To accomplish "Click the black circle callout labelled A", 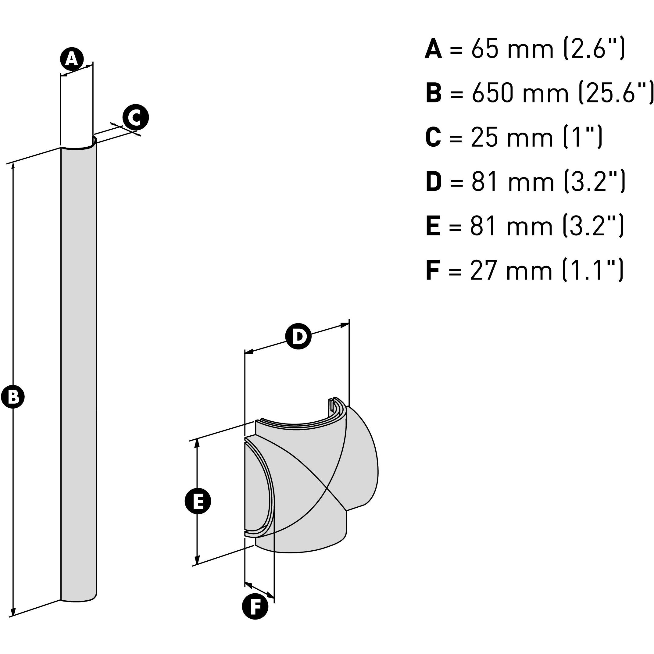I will [x=72, y=59].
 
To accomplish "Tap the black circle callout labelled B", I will [x=13, y=397].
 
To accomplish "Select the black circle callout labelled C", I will [x=135, y=117].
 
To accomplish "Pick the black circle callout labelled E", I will [x=198, y=501].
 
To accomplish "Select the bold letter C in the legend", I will [x=433, y=138].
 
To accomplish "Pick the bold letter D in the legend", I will [x=434, y=182].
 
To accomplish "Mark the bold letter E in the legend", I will [x=433, y=226].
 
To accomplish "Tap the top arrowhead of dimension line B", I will [x=13, y=166].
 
